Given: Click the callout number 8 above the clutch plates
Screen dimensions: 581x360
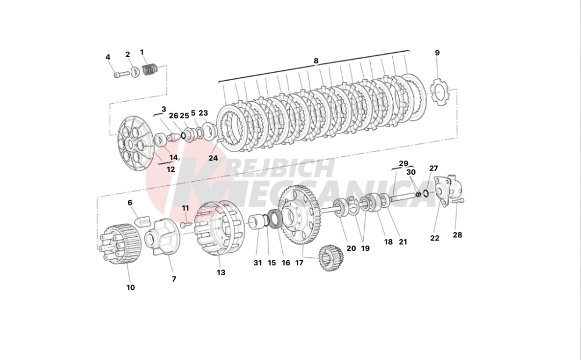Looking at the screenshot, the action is click(x=315, y=61).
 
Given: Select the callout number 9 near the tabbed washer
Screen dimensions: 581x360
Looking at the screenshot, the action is click(x=437, y=53).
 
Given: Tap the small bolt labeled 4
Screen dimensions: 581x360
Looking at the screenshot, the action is click(x=121, y=74).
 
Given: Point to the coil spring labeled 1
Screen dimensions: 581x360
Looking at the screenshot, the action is click(x=150, y=69).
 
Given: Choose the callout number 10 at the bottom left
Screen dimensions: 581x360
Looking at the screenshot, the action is click(x=130, y=287).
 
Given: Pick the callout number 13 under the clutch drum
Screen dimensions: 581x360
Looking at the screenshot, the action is click(x=221, y=272).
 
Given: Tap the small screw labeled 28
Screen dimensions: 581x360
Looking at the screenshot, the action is click(x=458, y=200).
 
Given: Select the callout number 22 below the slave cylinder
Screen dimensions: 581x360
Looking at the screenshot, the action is click(x=435, y=238).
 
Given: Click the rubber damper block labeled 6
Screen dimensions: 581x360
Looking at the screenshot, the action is click(x=141, y=221).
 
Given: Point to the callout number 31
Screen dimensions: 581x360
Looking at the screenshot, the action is click(x=257, y=263).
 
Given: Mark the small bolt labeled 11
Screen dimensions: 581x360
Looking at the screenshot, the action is click(x=186, y=225).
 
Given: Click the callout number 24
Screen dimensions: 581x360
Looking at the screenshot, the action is click(x=213, y=158).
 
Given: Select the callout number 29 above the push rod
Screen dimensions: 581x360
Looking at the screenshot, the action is click(x=404, y=163).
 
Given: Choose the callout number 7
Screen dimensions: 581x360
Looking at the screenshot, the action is click(x=174, y=279).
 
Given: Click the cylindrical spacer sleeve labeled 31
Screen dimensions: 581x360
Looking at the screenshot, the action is click(x=259, y=222).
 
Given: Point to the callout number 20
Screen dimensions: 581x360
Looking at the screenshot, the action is click(x=351, y=249).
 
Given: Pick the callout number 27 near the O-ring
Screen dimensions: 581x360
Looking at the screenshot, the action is click(x=433, y=168).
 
